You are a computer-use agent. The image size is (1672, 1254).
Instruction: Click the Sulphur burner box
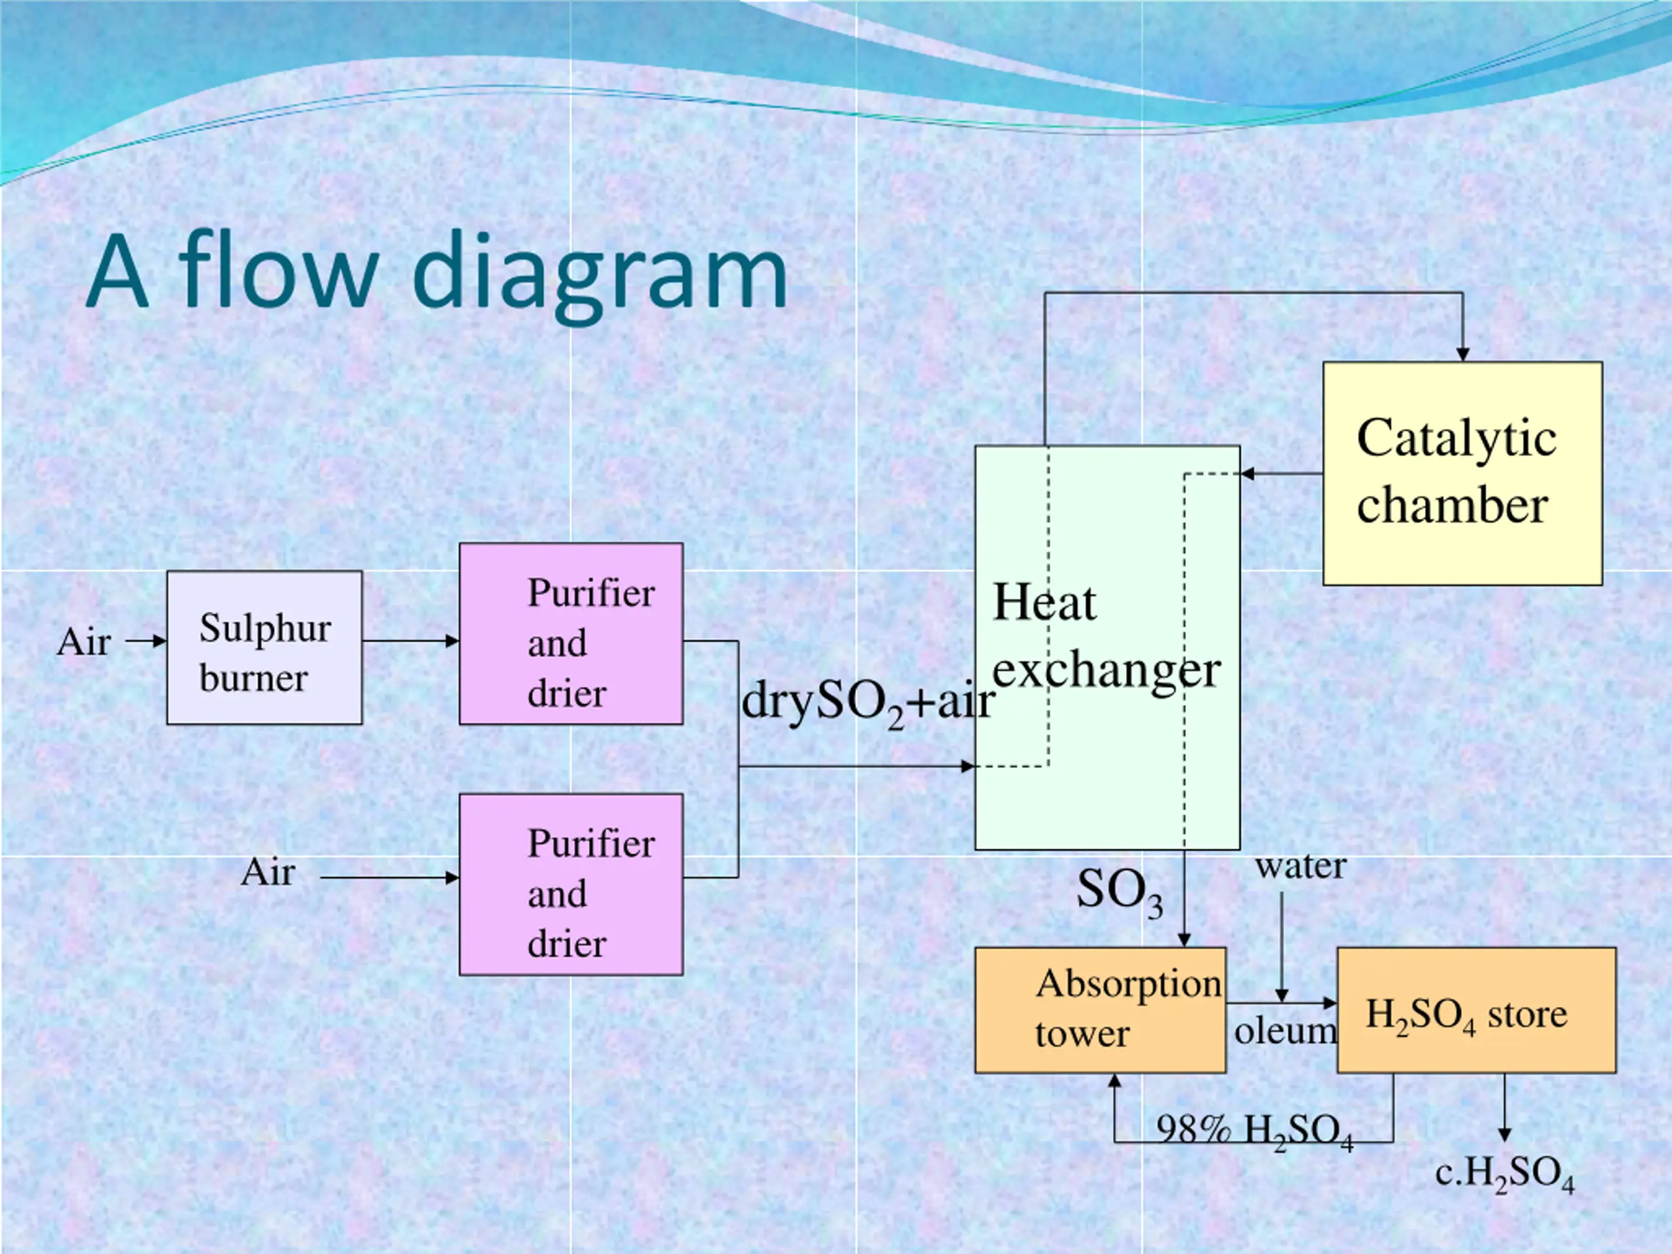265,648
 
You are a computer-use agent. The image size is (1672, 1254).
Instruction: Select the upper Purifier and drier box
571,634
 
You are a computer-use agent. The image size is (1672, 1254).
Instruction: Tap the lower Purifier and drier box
571,884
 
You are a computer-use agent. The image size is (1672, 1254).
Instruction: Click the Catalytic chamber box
1462,473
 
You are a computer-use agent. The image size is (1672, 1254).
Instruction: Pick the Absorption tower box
1101,1010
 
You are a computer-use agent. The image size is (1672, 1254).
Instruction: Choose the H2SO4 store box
1477,1010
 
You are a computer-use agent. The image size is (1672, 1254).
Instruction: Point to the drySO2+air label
868,703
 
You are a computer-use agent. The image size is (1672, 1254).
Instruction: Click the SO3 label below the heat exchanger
1119,892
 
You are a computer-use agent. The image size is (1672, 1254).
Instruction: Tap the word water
1301,866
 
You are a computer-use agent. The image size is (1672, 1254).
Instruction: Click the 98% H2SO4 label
1255,1133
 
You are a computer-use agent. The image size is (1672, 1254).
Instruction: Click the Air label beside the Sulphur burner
84,642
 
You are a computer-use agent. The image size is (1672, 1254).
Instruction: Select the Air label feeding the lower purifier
268,873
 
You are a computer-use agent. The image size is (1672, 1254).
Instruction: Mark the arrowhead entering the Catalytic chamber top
1462,355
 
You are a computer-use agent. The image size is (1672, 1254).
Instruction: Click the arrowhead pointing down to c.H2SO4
1504,1134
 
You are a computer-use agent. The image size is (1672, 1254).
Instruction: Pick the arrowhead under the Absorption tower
1114,1081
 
